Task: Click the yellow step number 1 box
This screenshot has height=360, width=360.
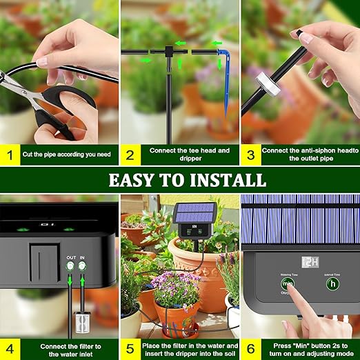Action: coord(10,154)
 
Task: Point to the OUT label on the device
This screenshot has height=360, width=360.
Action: coord(71,257)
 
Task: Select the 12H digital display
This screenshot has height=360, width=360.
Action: coord(311,262)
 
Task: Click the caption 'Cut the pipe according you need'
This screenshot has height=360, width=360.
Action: coord(66,154)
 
